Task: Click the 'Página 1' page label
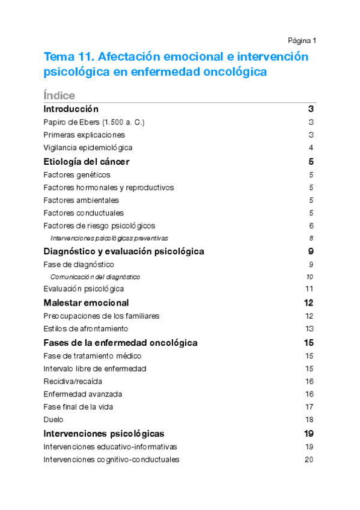(x=302, y=40)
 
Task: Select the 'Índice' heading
(x=59, y=96)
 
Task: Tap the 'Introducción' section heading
(x=71, y=109)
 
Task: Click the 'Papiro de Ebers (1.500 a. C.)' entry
(x=94, y=122)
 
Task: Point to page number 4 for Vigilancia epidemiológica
(x=311, y=147)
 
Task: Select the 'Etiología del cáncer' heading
(x=87, y=161)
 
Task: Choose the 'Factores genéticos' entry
(x=77, y=174)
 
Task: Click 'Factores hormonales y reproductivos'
(x=109, y=187)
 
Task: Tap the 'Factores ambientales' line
(x=81, y=200)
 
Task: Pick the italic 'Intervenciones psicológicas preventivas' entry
(x=109, y=238)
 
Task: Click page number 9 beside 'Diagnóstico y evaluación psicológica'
(x=311, y=251)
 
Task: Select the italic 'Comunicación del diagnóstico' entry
(x=95, y=277)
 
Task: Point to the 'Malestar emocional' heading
(x=86, y=303)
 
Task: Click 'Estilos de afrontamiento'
(x=86, y=328)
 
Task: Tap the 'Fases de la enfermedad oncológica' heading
(x=121, y=343)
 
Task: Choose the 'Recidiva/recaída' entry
(x=73, y=381)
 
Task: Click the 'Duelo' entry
(x=53, y=420)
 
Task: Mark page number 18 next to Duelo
(x=310, y=420)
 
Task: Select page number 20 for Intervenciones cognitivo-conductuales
(x=310, y=459)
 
